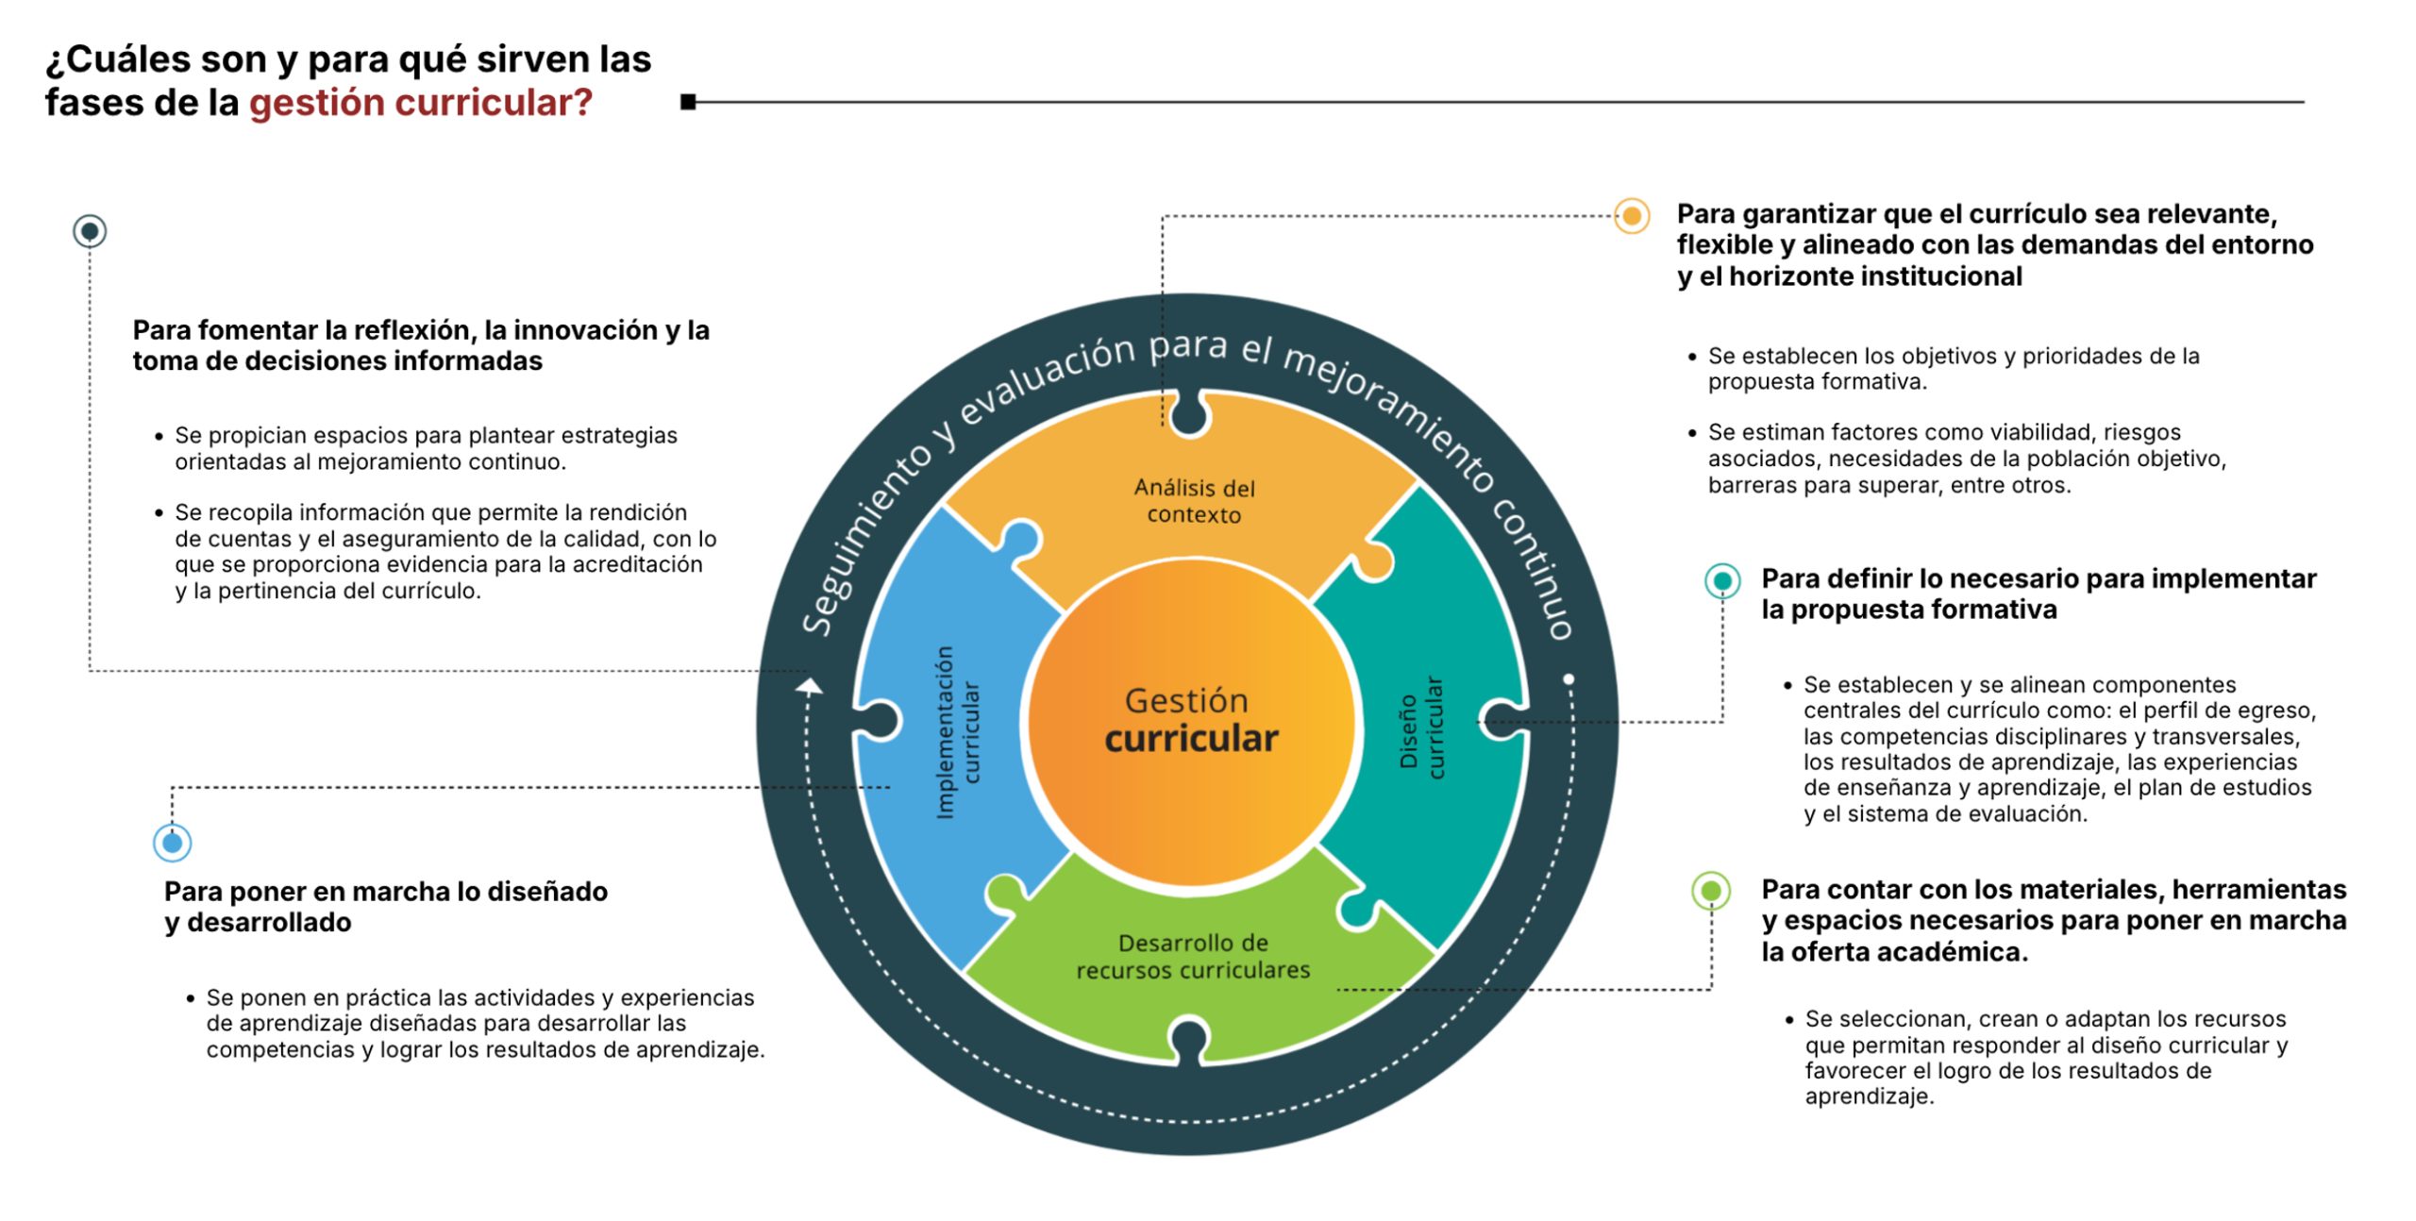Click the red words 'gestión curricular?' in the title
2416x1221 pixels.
coord(420,103)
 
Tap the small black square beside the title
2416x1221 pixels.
coord(688,102)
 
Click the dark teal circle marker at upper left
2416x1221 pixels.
coord(90,231)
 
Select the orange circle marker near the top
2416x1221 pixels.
coord(1631,216)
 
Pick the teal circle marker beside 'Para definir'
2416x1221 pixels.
coord(1721,580)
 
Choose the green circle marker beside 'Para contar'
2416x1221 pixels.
coord(1710,890)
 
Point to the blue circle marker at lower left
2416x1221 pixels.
coord(172,843)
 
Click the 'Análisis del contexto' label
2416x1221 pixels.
coord(1194,501)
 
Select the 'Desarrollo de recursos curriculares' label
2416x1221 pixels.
coord(1193,956)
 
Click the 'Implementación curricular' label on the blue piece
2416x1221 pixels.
coord(957,732)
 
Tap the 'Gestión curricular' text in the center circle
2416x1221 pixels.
coord(1190,721)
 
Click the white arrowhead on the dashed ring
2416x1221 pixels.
coord(809,686)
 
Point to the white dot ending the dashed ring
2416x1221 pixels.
coord(1569,679)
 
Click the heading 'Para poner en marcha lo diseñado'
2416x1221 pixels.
coord(385,892)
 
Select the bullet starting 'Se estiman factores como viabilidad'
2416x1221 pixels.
coord(1967,459)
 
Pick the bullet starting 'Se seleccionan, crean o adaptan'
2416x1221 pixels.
coord(2045,1058)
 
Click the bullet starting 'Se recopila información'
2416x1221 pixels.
coord(445,552)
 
